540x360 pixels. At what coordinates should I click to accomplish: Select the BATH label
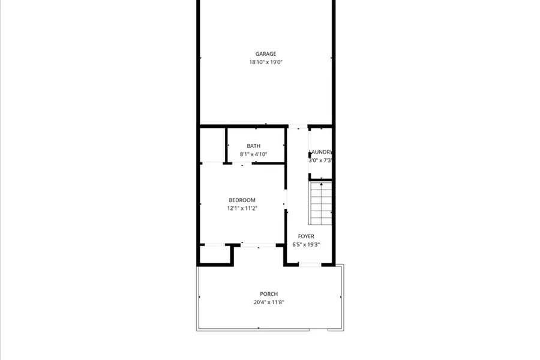click(x=254, y=146)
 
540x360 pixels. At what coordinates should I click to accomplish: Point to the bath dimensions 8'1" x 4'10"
click(x=253, y=154)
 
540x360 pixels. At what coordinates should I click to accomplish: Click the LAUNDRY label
click(x=320, y=152)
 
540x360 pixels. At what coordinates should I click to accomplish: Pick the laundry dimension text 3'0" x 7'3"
click(x=320, y=160)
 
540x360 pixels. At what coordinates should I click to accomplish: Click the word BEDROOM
click(x=242, y=200)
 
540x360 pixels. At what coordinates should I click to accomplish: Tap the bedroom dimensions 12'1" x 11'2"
click(x=242, y=208)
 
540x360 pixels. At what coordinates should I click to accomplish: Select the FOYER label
click(x=306, y=236)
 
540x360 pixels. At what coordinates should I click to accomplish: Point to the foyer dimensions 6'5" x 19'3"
click(x=306, y=245)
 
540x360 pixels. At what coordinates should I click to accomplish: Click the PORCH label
click(x=269, y=294)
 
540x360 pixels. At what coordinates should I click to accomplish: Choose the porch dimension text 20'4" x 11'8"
click(x=269, y=302)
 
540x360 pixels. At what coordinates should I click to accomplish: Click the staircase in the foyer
click(x=321, y=204)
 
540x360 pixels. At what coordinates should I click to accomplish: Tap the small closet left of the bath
click(x=212, y=145)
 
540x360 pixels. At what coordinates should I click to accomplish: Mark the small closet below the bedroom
click(x=215, y=254)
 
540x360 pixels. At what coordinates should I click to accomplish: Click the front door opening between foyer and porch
click(x=309, y=265)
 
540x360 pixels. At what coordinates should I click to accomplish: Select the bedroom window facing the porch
click(x=259, y=244)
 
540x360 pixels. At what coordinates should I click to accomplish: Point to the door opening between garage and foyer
click(x=298, y=126)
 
